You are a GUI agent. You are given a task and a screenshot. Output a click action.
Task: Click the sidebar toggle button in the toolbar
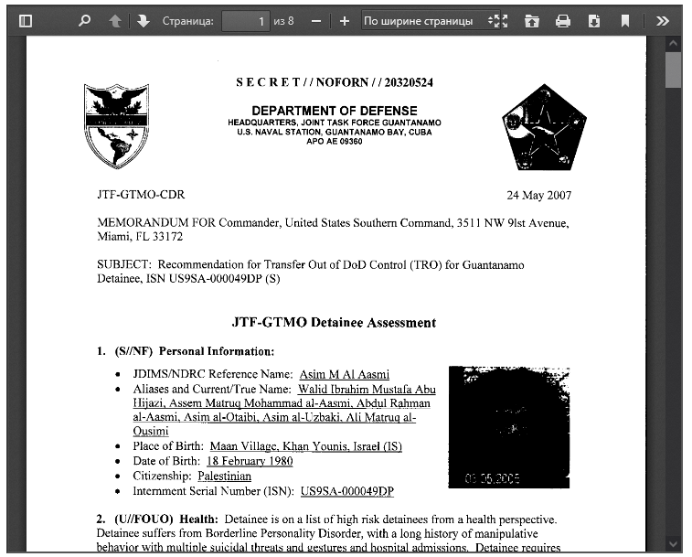(x=26, y=20)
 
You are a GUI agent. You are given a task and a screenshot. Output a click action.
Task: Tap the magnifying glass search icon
(x=85, y=20)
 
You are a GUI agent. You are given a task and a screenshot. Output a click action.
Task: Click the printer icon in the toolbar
(x=563, y=20)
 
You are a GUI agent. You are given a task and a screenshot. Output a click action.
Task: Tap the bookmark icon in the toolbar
(x=625, y=20)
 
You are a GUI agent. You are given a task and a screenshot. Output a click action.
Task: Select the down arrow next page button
(x=144, y=20)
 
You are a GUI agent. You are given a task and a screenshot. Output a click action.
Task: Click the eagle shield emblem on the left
(x=116, y=125)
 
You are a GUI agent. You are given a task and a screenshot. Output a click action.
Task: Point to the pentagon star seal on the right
(x=543, y=127)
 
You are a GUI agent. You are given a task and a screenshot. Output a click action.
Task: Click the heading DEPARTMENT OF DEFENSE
(x=335, y=111)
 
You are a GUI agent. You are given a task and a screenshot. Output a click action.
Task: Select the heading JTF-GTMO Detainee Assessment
(x=335, y=323)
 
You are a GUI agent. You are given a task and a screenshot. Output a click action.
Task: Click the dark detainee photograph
(x=508, y=427)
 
